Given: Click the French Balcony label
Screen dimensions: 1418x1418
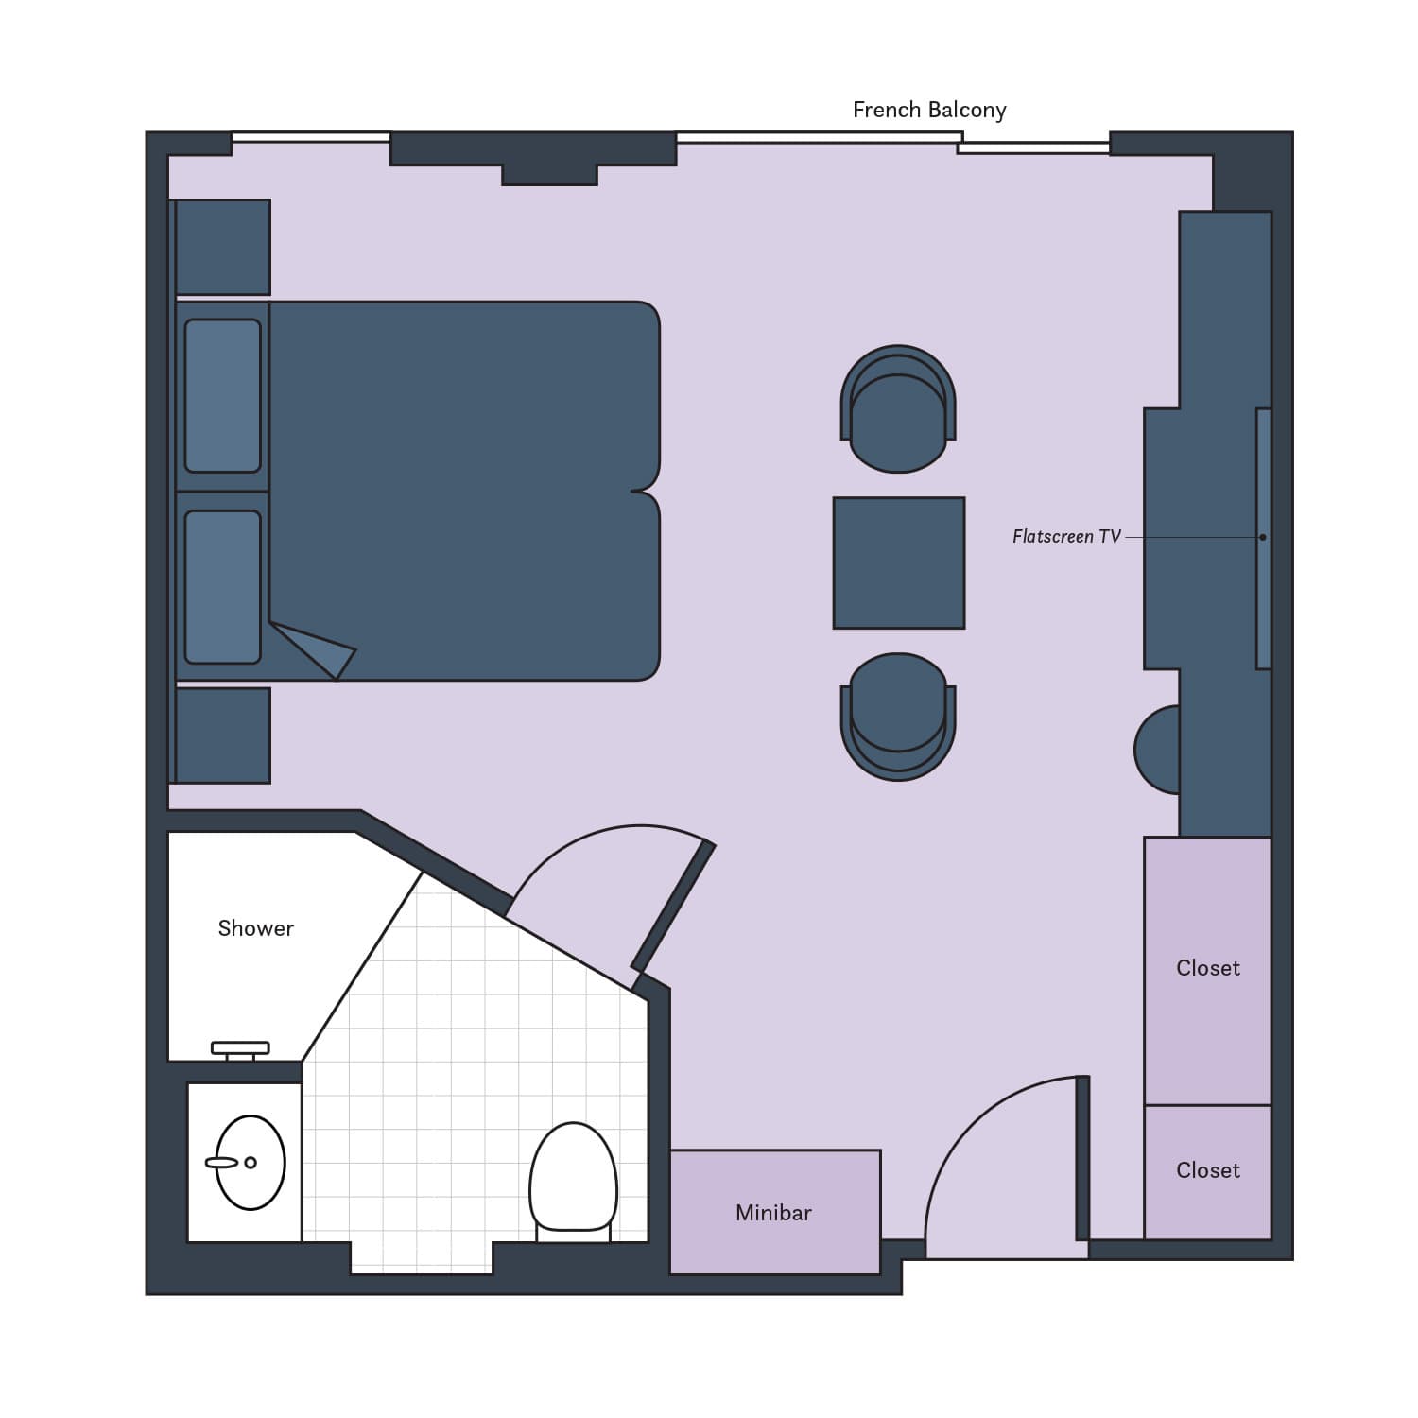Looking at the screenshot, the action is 929,111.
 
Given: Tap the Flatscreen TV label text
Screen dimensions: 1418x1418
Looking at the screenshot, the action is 1066,537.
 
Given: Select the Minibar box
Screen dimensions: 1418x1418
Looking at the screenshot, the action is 775,1212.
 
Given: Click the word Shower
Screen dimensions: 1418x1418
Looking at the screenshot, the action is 255,928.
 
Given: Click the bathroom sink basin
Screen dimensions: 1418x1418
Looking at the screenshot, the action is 250,1163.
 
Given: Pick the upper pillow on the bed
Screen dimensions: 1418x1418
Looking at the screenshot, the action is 223,396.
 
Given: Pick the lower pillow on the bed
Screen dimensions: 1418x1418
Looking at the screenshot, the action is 223,587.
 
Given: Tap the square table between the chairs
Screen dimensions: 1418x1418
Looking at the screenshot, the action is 899,563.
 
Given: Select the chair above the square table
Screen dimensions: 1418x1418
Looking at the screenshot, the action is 898,408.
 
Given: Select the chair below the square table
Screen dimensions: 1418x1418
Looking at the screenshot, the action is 898,717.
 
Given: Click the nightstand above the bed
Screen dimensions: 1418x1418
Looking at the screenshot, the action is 223,247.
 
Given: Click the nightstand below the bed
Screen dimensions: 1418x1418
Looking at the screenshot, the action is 223,735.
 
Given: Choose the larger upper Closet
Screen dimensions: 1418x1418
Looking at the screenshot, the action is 1208,971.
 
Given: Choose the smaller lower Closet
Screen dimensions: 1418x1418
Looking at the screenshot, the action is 1208,1172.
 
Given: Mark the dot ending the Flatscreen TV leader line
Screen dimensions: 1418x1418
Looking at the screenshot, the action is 1263,538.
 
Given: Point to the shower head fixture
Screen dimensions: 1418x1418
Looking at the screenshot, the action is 240,1049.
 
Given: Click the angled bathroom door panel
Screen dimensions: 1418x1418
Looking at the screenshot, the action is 673,908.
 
